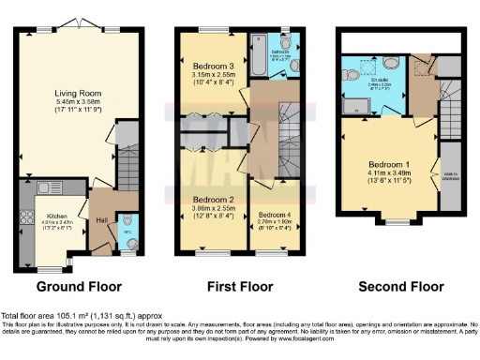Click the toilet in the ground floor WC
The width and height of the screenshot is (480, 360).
pos(126,240)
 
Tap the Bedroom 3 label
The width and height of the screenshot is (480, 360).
pos(212,67)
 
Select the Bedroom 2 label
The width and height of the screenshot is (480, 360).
pos(212,200)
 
